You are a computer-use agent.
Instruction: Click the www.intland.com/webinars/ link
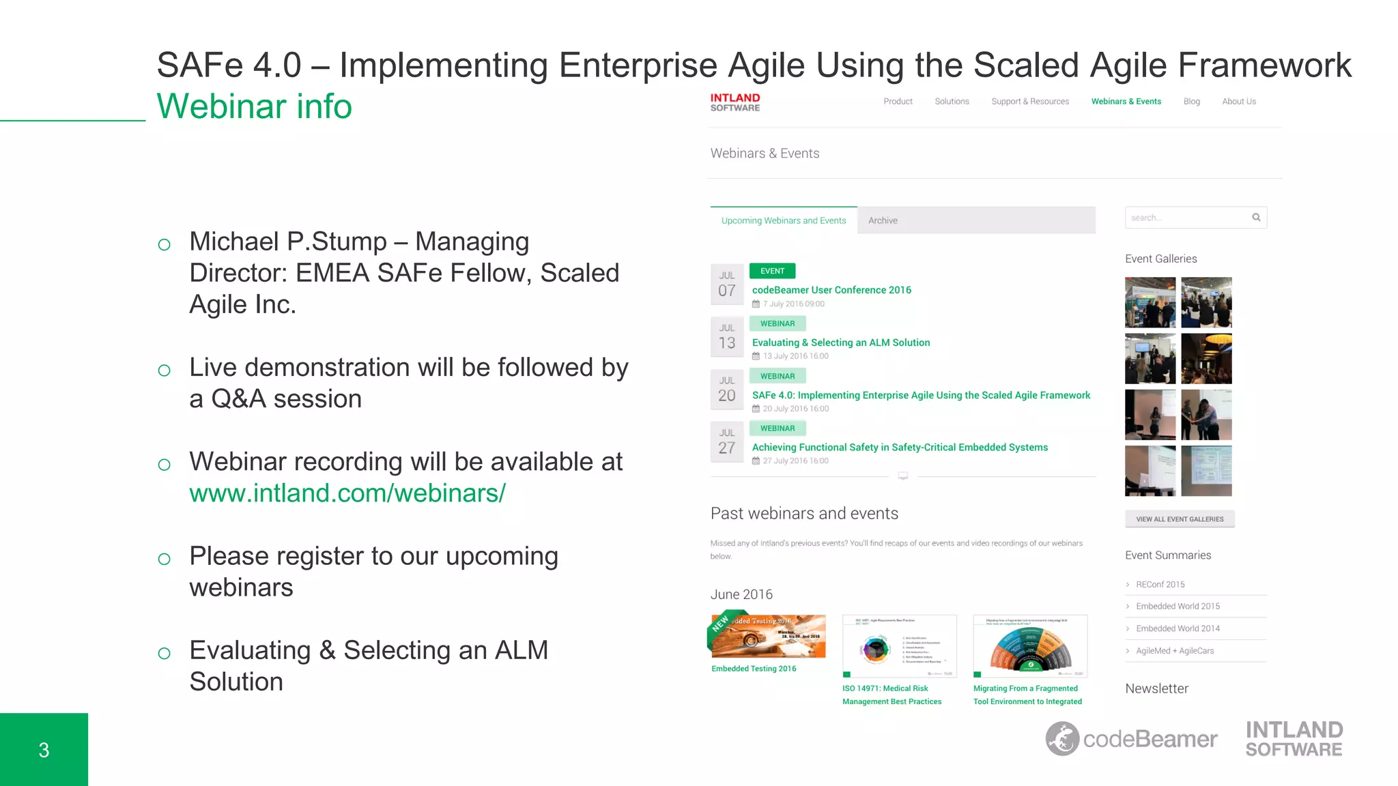(x=347, y=493)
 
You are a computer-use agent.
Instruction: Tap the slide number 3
(x=44, y=750)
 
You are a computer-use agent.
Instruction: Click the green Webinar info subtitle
(x=254, y=106)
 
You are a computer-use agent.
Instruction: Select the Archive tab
(x=883, y=220)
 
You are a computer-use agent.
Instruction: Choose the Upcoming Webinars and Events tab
(x=783, y=220)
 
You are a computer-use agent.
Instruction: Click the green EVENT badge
(x=772, y=271)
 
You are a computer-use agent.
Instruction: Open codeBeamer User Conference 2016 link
(x=831, y=290)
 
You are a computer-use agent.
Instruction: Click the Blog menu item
(x=1191, y=101)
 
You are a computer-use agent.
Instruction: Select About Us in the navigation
(x=1238, y=101)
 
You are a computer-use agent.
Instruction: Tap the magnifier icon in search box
(x=1256, y=218)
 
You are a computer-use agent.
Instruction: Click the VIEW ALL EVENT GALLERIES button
(x=1180, y=519)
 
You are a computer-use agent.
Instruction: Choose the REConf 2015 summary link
(x=1160, y=584)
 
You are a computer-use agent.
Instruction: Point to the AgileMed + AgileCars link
(x=1174, y=651)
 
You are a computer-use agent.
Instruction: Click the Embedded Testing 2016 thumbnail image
(x=767, y=636)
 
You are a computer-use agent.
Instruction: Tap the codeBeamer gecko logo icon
(x=1062, y=739)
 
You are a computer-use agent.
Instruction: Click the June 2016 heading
(x=741, y=594)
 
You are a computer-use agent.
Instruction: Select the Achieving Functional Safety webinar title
(x=900, y=448)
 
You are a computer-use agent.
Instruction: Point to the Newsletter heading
(x=1156, y=688)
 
